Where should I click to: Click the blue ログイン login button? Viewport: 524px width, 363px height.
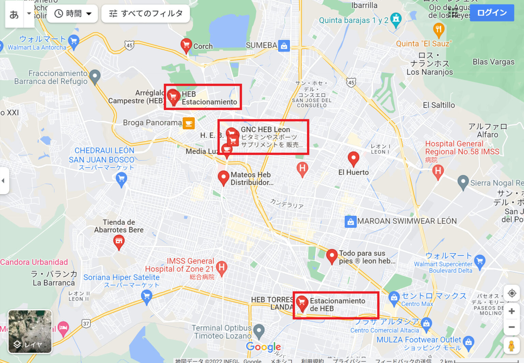492,13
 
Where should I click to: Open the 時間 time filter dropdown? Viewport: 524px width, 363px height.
73,14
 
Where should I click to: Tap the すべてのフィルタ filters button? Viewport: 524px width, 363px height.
146,14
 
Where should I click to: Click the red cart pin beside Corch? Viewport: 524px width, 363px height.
186,45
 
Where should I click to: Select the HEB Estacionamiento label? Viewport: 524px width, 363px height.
209,98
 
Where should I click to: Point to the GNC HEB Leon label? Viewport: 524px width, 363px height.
265,130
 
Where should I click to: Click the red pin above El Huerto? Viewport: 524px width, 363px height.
353,158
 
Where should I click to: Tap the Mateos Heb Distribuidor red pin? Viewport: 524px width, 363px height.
223,177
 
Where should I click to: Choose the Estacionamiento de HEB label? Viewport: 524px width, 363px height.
337,305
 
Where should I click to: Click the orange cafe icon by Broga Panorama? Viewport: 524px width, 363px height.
189,123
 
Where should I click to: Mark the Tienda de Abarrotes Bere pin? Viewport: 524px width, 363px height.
119,242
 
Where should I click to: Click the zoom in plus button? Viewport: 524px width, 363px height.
511,311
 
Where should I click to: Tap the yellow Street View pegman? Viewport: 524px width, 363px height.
511,346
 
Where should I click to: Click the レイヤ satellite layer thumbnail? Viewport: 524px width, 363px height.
30,331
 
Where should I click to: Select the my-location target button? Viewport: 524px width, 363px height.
511,293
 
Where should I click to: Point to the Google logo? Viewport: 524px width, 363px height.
263,347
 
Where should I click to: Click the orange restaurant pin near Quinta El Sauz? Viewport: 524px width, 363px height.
439,30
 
